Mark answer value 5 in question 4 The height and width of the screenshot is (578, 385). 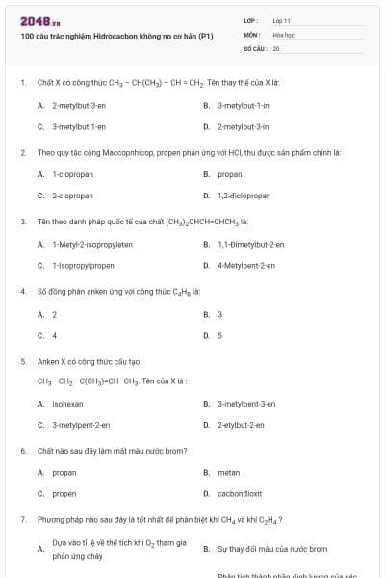coord(219,335)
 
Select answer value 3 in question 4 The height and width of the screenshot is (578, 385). coord(219,314)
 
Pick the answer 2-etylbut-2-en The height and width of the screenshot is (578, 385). coord(244,424)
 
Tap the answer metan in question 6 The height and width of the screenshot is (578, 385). coord(229,473)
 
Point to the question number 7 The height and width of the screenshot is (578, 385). coord(23,520)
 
